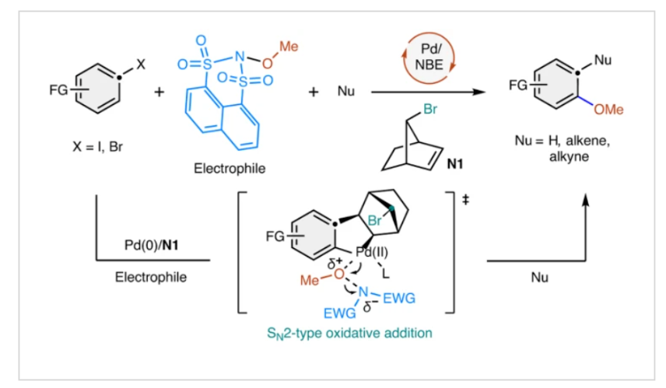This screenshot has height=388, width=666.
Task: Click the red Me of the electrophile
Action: point(289,47)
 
